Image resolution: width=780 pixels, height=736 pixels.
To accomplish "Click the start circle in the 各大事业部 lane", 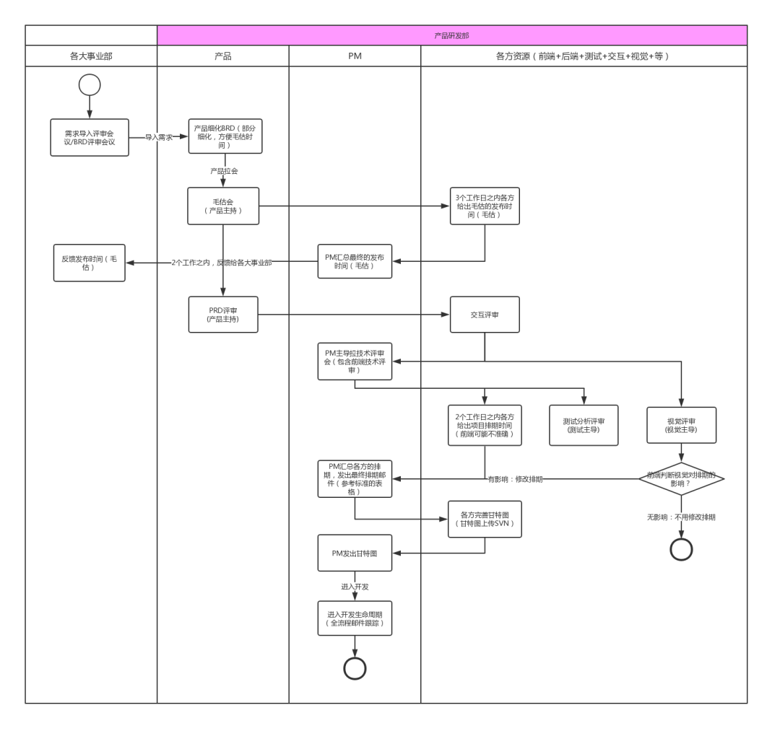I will [90, 84].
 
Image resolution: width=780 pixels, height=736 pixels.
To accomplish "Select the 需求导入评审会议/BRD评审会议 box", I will [90, 137].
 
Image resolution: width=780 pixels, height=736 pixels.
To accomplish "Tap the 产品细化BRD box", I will [225, 136].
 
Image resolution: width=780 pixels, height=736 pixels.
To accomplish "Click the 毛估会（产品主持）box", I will [223, 206].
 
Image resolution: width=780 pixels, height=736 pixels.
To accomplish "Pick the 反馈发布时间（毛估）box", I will [90, 263].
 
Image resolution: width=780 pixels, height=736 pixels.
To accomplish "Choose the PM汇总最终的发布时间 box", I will [355, 261].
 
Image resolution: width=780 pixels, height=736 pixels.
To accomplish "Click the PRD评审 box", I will [223, 314].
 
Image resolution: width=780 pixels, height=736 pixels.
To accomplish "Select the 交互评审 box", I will [485, 314].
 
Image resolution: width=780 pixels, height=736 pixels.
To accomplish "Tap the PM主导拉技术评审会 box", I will [355, 361].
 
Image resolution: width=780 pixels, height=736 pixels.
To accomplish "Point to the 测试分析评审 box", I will [584, 425].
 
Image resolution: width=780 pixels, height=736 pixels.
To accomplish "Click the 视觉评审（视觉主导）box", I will [682, 425].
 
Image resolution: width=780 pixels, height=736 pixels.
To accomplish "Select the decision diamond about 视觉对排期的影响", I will [682, 479].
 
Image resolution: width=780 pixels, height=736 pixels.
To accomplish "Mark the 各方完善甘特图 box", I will [485, 519].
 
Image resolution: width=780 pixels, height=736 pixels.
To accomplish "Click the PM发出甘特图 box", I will [355, 553].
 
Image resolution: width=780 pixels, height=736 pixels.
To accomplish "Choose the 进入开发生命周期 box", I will [355, 618].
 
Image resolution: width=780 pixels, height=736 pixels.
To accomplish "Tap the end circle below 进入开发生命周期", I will [355, 669].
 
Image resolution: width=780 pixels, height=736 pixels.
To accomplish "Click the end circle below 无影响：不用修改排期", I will [682, 549].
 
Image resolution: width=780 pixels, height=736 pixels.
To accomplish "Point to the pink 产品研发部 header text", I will [452, 35].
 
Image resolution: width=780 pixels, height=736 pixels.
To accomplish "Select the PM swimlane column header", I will [355, 56].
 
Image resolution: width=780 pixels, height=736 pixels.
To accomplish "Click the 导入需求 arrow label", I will [159, 136].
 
